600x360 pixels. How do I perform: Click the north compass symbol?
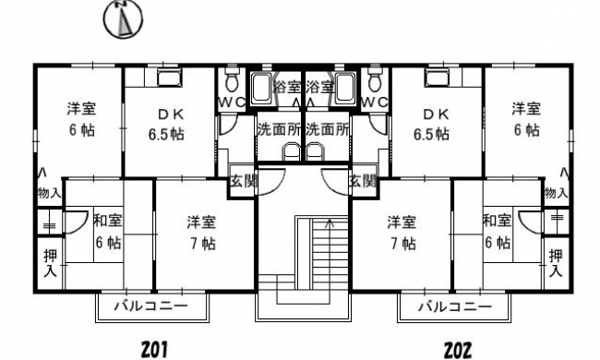click(x=124, y=19)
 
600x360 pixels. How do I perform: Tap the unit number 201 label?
click(x=154, y=349)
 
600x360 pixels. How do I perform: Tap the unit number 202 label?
click(x=458, y=350)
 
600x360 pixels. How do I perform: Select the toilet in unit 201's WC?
click(x=231, y=78)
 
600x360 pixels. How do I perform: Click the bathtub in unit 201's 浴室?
click(x=262, y=88)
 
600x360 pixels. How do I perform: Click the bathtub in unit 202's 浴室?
click(x=345, y=88)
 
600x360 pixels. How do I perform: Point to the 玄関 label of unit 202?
click(x=363, y=181)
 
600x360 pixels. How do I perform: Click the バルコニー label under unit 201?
click(x=152, y=306)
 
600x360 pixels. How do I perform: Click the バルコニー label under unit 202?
click(x=455, y=306)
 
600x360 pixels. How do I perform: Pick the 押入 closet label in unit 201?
click(x=50, y=262)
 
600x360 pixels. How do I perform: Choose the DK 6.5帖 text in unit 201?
click(x=166, y=125)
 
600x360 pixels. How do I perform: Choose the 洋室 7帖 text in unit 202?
click(x=401, y=233)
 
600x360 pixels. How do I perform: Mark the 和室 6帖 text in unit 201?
click(x=108, y=232)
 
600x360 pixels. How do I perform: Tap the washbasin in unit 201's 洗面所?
click(x=292, y=152)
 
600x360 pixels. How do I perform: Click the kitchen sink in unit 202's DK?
click(x=438, y=78)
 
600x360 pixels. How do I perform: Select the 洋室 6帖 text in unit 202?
click(x=526, y=119)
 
